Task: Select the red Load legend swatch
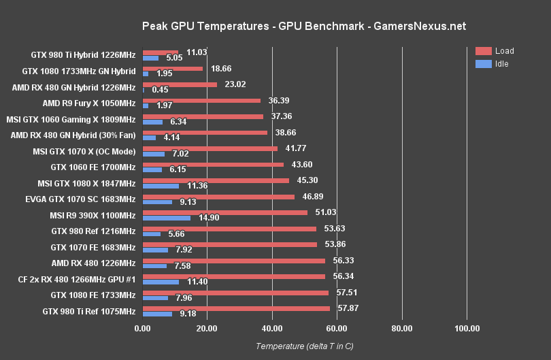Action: coord(484,51)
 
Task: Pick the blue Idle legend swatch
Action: coord(484,64)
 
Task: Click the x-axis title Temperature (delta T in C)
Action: coord(304,346)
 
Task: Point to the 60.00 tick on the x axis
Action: coord(337,329)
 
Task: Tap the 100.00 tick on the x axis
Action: coord(467,329)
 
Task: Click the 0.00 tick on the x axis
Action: coord(142,329)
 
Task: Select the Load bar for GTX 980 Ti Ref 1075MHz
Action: coord(236,308)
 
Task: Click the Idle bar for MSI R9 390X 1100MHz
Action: coord(167,218)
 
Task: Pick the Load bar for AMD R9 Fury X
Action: coord(201,101)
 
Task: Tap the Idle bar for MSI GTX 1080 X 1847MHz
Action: coord(161,186)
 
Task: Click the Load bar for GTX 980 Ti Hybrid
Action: coord(161,52)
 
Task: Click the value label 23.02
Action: coord(235,84)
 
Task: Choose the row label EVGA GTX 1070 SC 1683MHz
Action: coord(80,199)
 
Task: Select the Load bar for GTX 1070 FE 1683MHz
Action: coord(230,244)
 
